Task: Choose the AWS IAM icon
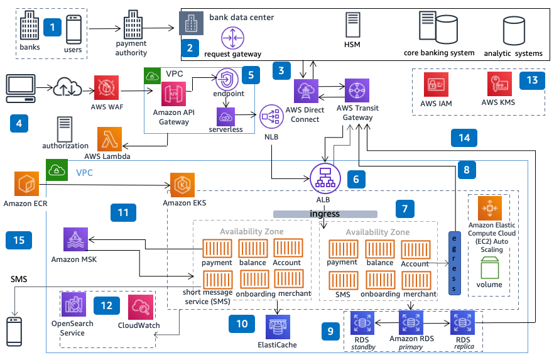click(x=437, y=85)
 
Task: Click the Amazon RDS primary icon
click(x=411, y=323)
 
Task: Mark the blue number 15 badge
click(x=19, y=239)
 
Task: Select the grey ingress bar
click(x=325, y=214)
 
